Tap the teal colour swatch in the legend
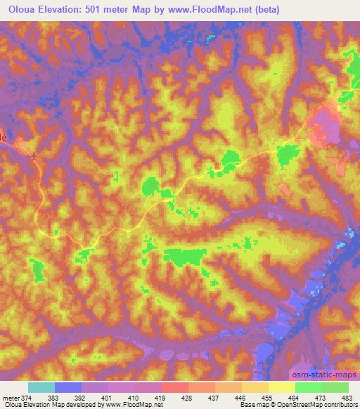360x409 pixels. pyautogui.click(x=41, y=388)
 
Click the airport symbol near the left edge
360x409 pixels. pyautogui.click(x=33, y=157)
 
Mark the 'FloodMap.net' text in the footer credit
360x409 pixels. pyautogui.click(x=134, y=405)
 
